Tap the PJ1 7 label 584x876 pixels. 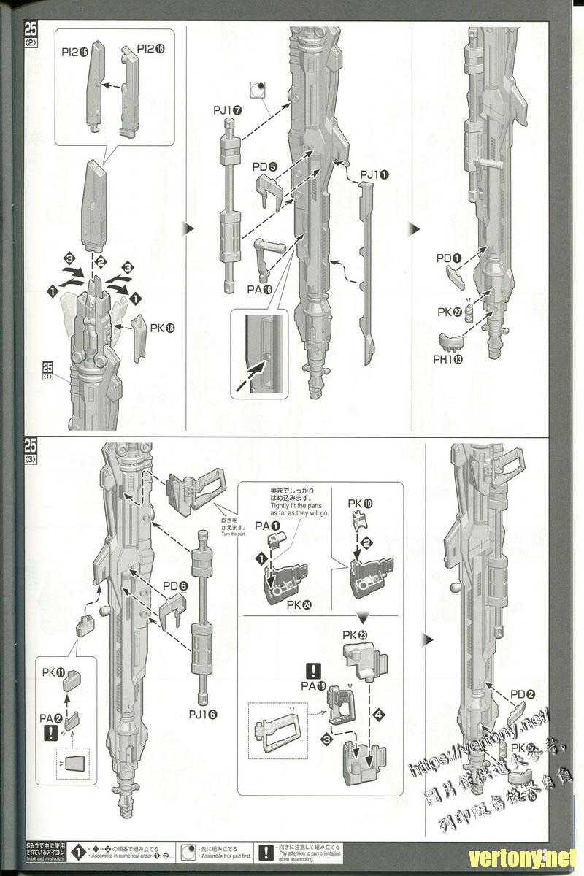pyautogui.click(x=227, y=109)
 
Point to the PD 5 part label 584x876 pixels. pyautogui.click(x=265, y=167)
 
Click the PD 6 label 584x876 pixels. pyautogui.click(x=176, y=585)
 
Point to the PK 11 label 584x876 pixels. pyautogui.click(x=54, y=671)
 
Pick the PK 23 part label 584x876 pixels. pyautogui.click(x=358, y=634)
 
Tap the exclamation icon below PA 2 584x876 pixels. pyautogui.click(x=49, y=732)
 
